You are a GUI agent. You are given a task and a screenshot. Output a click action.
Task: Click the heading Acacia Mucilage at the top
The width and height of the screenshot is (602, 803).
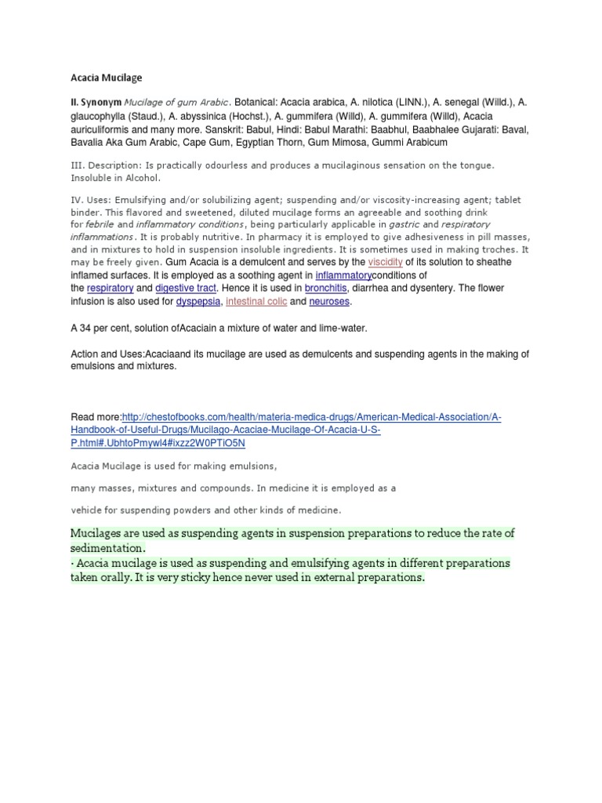[x=106, y=78]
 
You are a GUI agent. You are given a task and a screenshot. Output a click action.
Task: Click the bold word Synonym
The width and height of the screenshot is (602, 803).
[x=101, y=102]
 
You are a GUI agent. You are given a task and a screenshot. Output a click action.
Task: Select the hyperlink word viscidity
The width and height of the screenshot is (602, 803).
[x=385, y=262]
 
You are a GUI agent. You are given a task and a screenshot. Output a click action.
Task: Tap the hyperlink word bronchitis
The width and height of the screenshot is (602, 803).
[x=325, y=288]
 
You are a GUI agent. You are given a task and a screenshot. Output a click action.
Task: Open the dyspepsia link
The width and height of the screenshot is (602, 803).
[x=198, y=301]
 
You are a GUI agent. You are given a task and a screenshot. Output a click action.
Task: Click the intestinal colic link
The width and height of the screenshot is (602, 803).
[x=256, y=301]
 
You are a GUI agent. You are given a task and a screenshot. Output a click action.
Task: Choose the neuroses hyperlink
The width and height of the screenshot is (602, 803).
[x=329, y=301]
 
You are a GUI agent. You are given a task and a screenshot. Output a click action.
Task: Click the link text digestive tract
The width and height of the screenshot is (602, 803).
[x=184, y=288]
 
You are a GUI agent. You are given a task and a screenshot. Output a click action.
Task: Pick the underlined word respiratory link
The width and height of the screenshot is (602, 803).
[x=110, y=288]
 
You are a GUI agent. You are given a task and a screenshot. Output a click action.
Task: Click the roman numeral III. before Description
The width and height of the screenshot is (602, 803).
[x=77, y=165]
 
